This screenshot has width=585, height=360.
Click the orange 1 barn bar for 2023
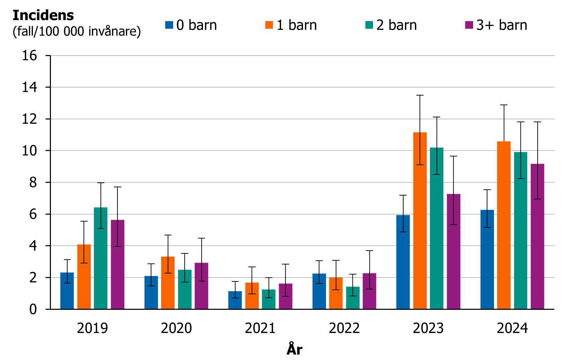pyautogui.click(x=420, y=222)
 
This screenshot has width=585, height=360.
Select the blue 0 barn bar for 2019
pyautogui.click(x=67, y=291)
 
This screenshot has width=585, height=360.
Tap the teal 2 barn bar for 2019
pyautogui.click(x=100, y=259)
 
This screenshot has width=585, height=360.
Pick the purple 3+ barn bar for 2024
pyautogui.click(x=537, y=237)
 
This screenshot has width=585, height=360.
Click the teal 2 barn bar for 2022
pyautogui.click(x=353, y=298)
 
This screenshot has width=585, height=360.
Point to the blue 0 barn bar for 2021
pyautogui.click(x=235, y=300)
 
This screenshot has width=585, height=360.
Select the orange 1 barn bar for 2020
pyautogui.click(x=168, y=283)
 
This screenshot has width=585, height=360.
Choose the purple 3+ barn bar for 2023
pyautogui.click(x=453, y=252)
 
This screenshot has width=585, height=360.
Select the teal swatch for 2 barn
pyautogui.click(x=369, y=25)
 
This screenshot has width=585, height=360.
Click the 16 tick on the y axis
pyautogui.click(x=29, y=55)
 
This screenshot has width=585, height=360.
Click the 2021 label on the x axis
pyautogui.click(x=260, y=328)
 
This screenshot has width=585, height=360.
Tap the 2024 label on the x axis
pyautogui.click(x=512, y=328)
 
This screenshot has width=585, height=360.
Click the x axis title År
pyautogui.click(x=294, y=349)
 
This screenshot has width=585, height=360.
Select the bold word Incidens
pyautogui.click(x=43, y=15)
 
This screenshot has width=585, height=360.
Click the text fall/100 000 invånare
pyautogui.click(x=77, y=31)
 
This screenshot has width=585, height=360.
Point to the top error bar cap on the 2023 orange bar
pyautogui.click(x=420, y=95)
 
